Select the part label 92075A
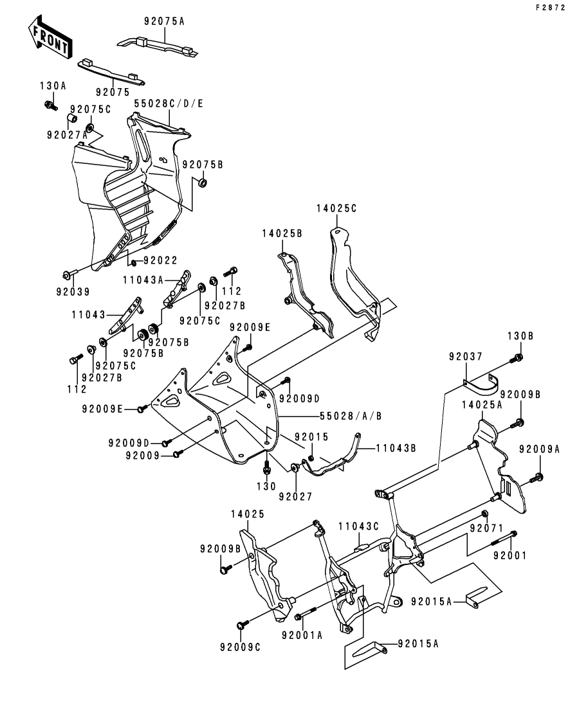(163, 21)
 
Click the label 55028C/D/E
(169, 103)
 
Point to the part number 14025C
(336, 208)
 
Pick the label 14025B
(282, 234)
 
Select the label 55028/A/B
(351, 416)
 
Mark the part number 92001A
(302, 635)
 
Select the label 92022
(160, 260)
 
